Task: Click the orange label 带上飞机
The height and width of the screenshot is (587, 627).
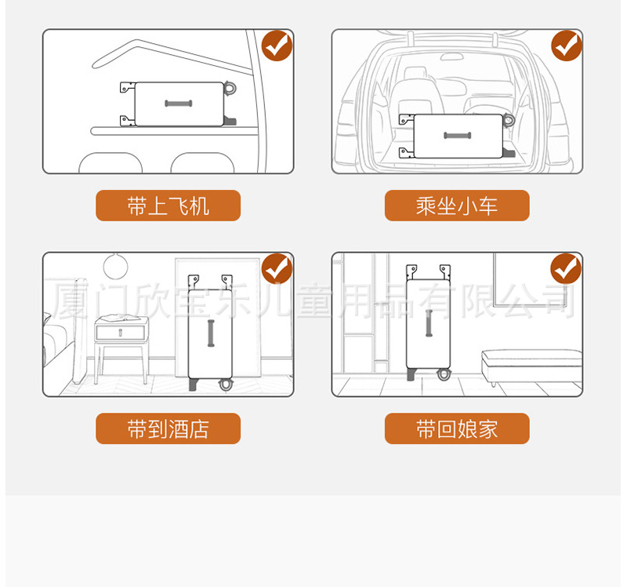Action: click(x=168, y=206)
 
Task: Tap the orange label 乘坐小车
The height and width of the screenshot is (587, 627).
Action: click(x=457, y=206)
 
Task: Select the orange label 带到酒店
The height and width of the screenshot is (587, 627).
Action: click(x=168, y=428)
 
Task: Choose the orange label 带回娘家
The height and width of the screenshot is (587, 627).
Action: click(x=457, y=428)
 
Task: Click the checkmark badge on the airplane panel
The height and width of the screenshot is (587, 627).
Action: click(x=277, y=46)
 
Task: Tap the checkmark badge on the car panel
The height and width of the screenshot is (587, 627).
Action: click(x=566, y=46)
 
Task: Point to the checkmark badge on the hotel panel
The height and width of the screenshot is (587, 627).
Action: click(x=277, y=268)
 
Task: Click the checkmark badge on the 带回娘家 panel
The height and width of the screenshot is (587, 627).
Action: click(x=566, y=268)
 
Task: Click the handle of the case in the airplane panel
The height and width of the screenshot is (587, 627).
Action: click(x=179, y=104)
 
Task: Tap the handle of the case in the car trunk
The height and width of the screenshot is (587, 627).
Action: click(x=458, y=135)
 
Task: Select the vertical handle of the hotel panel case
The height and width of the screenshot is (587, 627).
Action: click(x=211, y=334)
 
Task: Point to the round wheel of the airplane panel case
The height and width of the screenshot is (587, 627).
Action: click(x=230, y=88)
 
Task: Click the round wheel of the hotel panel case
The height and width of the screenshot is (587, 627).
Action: click(x=226, y=385)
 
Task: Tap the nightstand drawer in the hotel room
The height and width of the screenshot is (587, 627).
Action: click(x=121, y=333)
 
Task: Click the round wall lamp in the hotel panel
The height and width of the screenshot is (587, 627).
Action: click(x=115, y=266)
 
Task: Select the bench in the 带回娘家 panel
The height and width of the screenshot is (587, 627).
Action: click(x=531, y=366)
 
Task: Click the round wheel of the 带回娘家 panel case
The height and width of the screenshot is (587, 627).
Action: click(x=444, y=374)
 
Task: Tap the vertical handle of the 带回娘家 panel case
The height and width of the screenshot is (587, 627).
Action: click(x=429, y=323)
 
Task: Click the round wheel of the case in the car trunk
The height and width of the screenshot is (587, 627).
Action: click(x=509, y=120)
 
